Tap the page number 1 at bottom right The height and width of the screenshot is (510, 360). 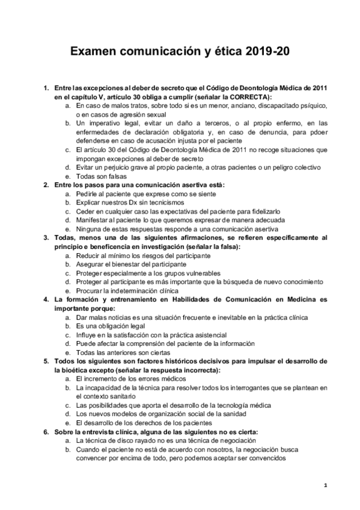[x=325, y=485]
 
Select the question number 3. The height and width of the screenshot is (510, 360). [x=46, y=238]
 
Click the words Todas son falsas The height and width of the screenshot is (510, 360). [x=103, y=176]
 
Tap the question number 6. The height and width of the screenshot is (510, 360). [x=46, y=432]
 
